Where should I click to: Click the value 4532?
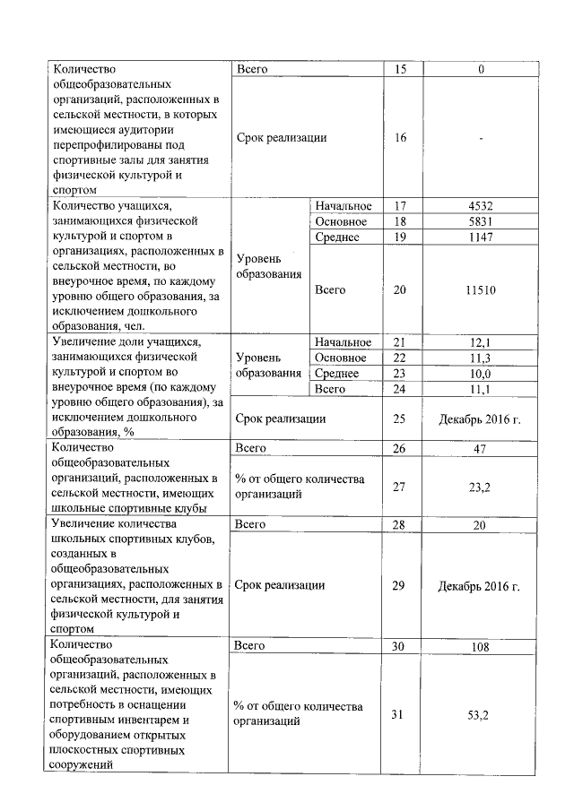[x=480, y=206]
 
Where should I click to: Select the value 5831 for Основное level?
[x=480, y=221]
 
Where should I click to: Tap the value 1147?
[x=480, y=237]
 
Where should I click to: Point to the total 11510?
[x=480, y=290]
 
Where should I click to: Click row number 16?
[x=400, y=138]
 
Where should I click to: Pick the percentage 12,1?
[x=480, y=342]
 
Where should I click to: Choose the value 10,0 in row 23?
[x=480, y=374]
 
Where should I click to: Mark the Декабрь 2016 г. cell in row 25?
[x=480, y=418]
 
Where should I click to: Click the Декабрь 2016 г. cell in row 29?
[x=480, y=586]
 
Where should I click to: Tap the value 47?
[x=480, y=448]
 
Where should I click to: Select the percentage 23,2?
[x=480, y=486]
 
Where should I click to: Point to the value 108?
[x=480, y=647]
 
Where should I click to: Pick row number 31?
[x=400, y=713]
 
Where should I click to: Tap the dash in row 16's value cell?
[x=480, y=138]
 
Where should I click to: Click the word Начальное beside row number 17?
[x=343, y=206]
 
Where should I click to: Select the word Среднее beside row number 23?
[x=337, y=374]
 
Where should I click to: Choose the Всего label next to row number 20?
[x=330, y=290]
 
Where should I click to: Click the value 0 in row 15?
[x=480, y=69]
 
